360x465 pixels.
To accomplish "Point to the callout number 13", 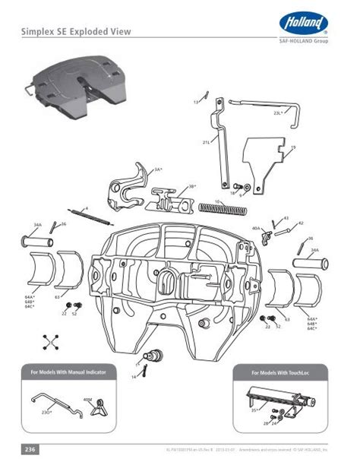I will [195, 100].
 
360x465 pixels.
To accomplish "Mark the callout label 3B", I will [192, 185].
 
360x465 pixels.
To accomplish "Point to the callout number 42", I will [301, 223].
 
